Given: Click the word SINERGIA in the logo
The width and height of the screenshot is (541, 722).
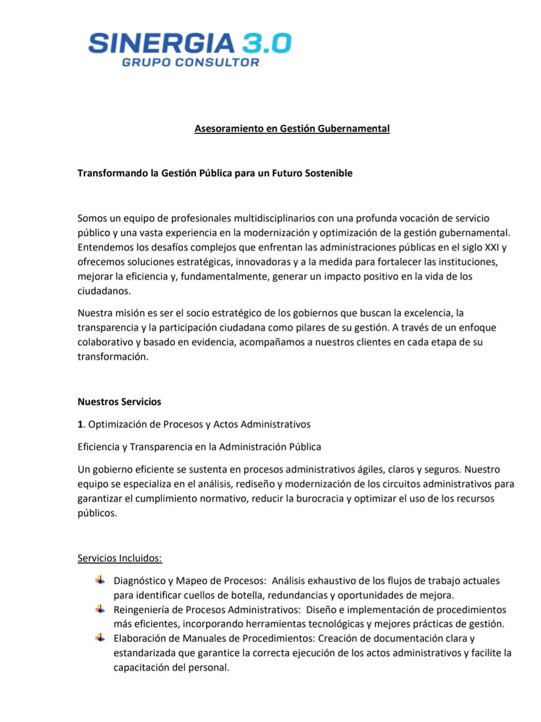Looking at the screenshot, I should pos(161,43).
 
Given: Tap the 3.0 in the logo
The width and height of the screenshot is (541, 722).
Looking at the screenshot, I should pos(266,43).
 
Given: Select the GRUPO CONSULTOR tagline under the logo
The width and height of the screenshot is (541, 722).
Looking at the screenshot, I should pos(190,63).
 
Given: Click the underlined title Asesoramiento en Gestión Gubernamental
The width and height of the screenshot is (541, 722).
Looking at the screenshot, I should pos(292,128).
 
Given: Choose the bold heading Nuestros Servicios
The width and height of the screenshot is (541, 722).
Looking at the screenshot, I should pos(119,402).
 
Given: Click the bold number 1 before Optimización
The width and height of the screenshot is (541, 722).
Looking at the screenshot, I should pos(80,424).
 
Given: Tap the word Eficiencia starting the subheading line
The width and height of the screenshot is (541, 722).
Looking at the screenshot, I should pos(99,447).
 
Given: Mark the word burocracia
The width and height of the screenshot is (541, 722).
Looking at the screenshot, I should pos(320,499).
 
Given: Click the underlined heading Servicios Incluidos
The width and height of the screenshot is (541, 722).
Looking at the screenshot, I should pos(120,558).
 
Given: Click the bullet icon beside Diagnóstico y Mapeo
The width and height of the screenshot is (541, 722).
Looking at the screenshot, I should pos(101,580).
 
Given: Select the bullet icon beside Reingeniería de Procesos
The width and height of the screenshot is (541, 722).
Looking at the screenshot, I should pos(101,609).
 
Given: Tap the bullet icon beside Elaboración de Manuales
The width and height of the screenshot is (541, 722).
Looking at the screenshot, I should pos(101,638).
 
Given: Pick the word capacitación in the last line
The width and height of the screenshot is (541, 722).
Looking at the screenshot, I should pos(142,667).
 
